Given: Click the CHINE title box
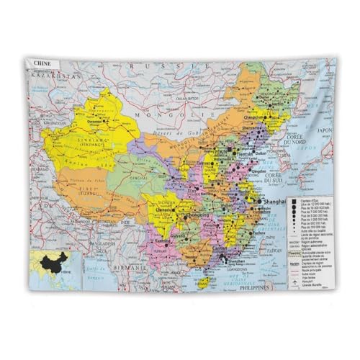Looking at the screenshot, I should [42, 63].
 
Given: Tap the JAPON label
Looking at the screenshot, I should [325, 130].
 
